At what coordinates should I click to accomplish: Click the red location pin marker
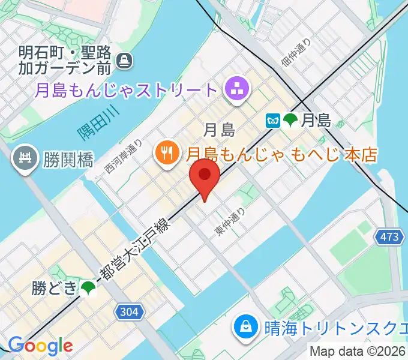(205, 176)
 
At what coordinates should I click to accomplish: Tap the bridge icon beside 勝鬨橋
(26, 159)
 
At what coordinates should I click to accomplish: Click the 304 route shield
(129, 311)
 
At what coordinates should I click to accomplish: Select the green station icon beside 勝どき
(89, 289)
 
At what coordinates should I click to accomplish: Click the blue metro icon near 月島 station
(273, 120)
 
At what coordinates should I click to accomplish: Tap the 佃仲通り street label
(296, 52)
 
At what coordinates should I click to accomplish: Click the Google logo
(40, 346)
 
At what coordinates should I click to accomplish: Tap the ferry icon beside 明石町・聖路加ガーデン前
(125, 60)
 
